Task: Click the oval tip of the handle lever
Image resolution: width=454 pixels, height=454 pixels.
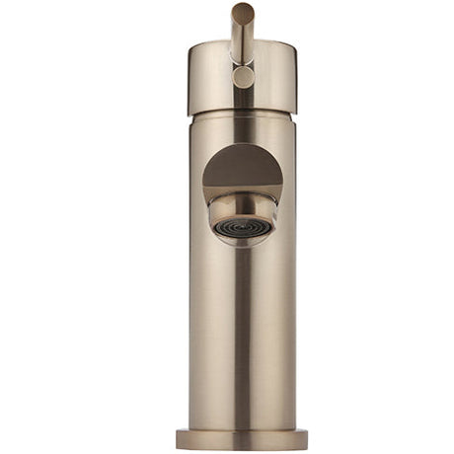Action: coord(243,13)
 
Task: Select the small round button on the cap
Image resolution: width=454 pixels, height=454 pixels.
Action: coord(243,76)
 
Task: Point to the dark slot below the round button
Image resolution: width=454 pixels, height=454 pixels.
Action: coord(243,98)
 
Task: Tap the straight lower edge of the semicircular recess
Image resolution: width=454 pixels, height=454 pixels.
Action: coord(243,190)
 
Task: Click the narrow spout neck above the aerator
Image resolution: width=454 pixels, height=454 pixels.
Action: coord(243,202)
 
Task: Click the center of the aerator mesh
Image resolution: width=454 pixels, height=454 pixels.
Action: coord(243,229)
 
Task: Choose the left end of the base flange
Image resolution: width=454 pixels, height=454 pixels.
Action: coord(180,438)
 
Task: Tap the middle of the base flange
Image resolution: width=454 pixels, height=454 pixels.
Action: coord(243,439)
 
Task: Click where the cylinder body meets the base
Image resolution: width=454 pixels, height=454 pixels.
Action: coord(243,427)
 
